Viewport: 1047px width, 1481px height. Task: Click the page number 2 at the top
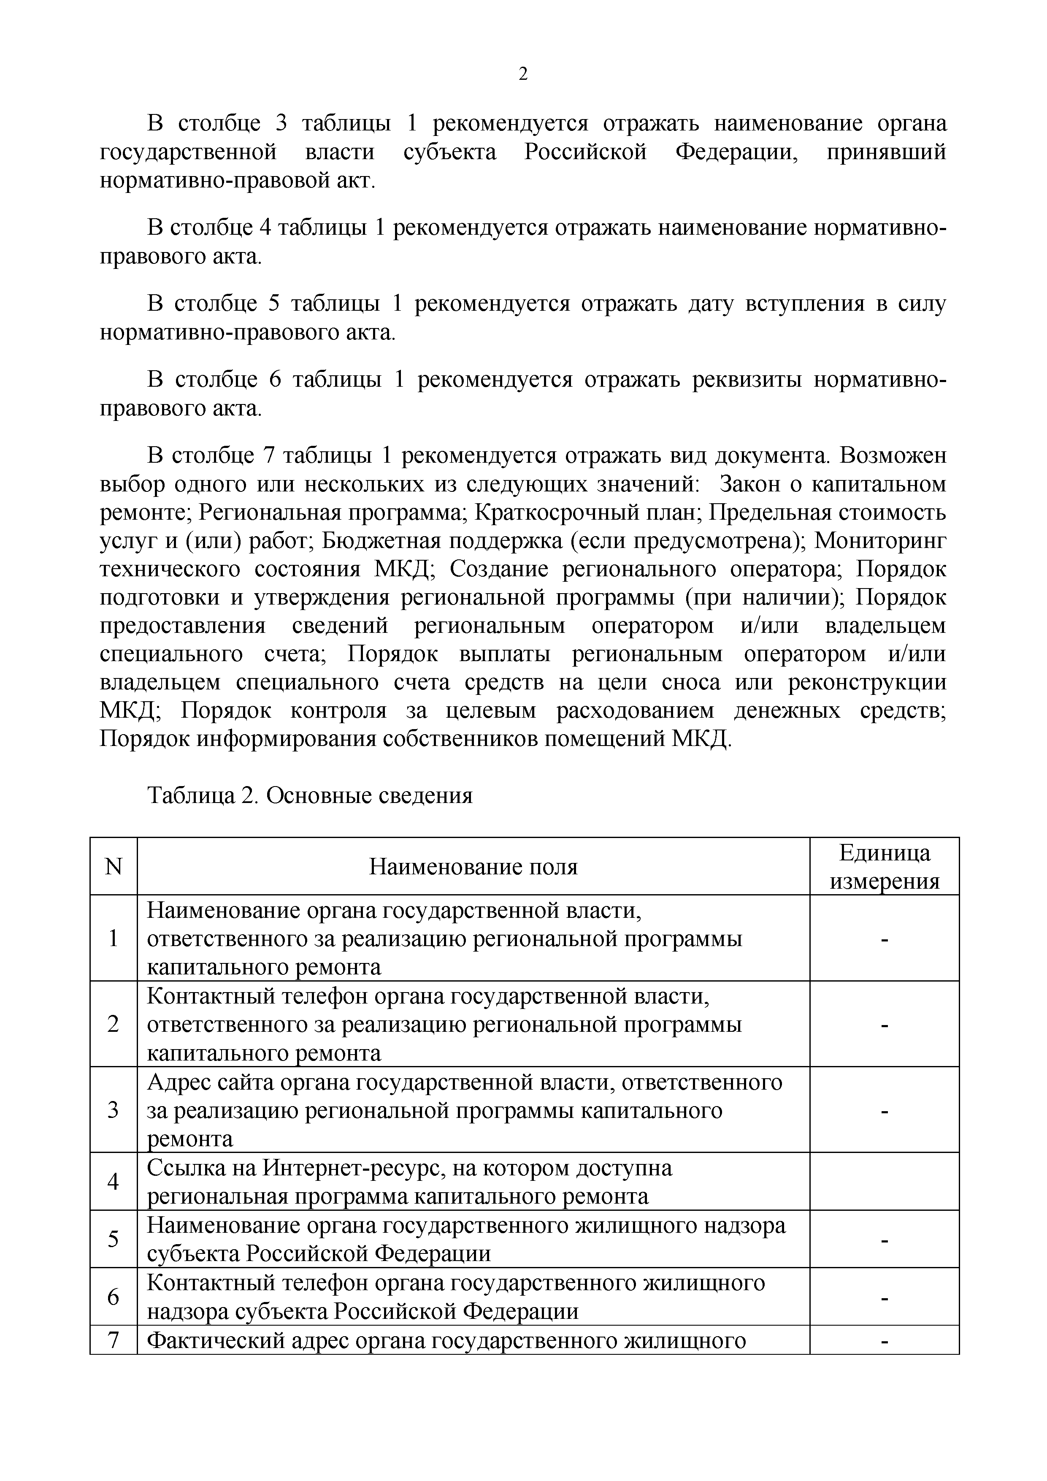[x=523, y=75]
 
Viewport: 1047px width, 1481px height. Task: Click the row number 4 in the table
[x=114, y=1181]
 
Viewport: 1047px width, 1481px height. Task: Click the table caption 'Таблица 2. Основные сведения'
[x=310, y=795]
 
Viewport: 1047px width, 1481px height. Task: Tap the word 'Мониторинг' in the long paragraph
[x=881, y=540]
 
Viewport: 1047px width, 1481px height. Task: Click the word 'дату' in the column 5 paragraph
[x=711, y=304]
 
